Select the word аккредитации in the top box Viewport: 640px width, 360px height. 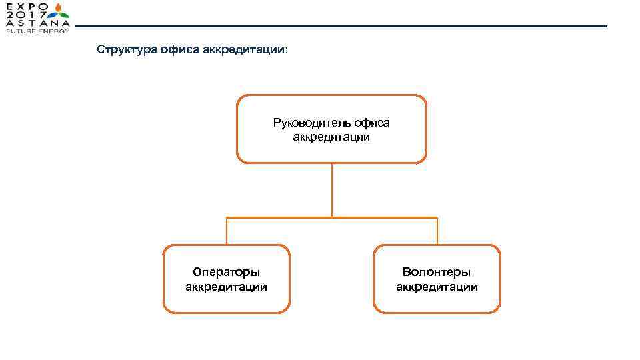click(x=331, y=137)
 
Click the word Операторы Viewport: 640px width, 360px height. click(x=226, y=272)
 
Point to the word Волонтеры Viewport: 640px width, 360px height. click(x=437, y=272)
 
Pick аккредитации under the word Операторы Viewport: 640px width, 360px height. click(x=226, y=287)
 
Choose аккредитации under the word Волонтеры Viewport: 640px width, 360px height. click(x=437, y=287)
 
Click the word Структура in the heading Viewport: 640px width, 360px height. click(x=126, y=50)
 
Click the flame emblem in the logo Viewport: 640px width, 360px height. click(x=61, y=13)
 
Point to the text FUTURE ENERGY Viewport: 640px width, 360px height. click(x=37, y=31)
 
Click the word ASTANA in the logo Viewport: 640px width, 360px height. click(x=37, y=23)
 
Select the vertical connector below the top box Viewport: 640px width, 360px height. click(x=332, y=190)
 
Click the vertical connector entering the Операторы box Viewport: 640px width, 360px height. click(x=227, y=231)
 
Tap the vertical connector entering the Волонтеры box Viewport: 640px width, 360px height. click(x=437, y=231)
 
